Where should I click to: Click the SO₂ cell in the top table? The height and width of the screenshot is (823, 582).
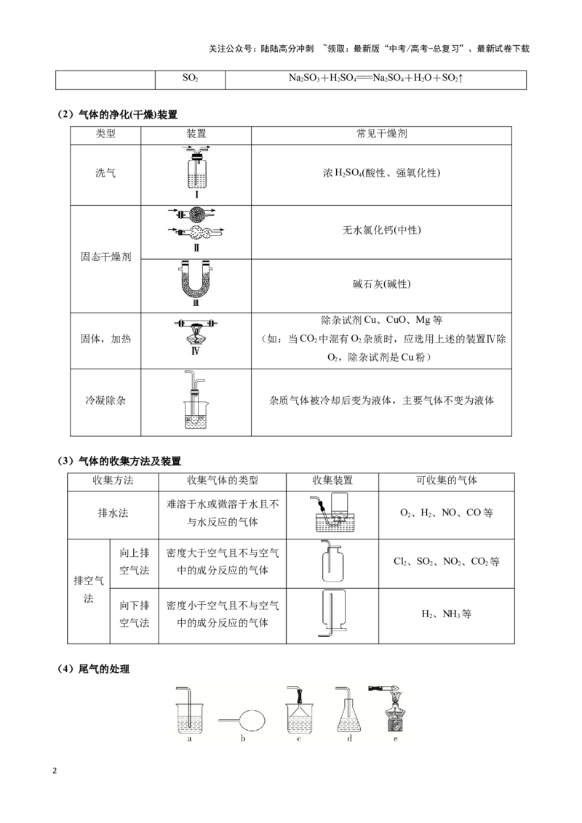click(190, 79)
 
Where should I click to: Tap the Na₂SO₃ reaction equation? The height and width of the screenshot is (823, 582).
click(375, 79)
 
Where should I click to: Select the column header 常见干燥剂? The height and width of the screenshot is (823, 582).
click(382, 134)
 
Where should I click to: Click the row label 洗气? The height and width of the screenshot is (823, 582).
click(105, 173)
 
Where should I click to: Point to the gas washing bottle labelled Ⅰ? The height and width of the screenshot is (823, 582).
click(196, 169)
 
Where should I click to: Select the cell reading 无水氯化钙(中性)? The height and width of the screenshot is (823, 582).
click(382, 230)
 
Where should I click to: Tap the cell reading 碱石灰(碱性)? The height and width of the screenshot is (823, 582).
click(382, 284)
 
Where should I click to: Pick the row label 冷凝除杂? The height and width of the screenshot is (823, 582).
click(105, 401)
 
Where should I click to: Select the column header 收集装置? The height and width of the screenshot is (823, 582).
click(332, 481)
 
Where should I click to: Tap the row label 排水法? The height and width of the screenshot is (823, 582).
click(113, 513)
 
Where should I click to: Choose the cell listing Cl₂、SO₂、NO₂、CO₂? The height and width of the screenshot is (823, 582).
click(446, 561)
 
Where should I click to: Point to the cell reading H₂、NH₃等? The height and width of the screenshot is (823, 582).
click(446, 614)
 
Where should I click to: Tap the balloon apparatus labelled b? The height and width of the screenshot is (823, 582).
click(242, 720)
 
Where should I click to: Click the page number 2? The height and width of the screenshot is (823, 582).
click(54, 771)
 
